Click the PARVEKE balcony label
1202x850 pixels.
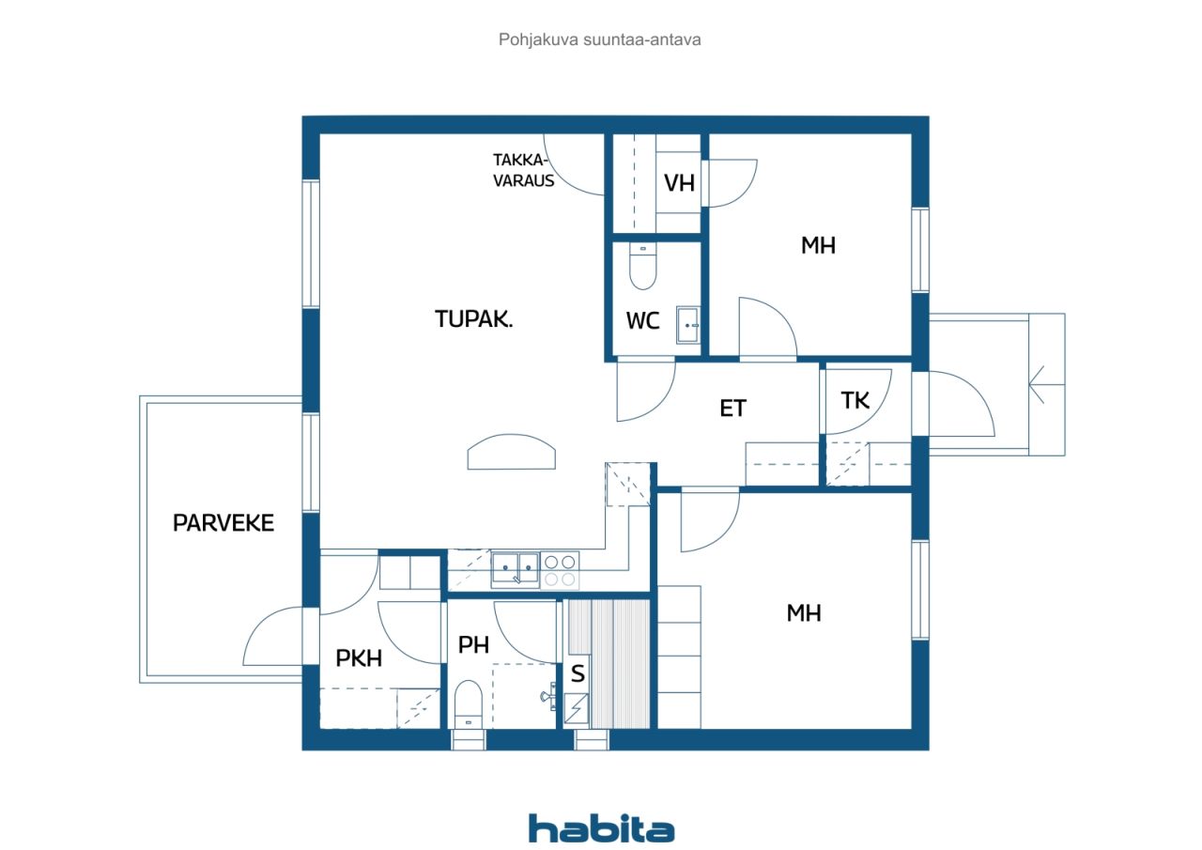(223, 522)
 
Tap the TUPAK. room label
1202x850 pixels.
(474, 318)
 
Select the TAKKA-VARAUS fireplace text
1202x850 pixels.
(523, 170)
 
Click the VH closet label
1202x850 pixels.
(679, 183)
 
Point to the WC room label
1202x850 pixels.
(642, 321)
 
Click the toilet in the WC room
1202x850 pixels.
(642, 266)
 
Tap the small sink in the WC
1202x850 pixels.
(687, 325)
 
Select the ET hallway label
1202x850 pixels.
(732, 409)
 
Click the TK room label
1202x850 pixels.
(855, 400)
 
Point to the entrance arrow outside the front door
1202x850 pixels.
(1046, 385)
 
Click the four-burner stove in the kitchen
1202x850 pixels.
(560, 570)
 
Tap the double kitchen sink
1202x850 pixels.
(516, 569)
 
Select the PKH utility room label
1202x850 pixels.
(359, 658)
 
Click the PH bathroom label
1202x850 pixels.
(474, 645)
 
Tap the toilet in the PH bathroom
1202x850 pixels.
(469, 705)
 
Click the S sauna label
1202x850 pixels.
(578, 673)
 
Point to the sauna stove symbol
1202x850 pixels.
(577, 708)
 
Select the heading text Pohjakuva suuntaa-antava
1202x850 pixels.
(599, 39)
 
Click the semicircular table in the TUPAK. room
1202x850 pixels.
(512, 452)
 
